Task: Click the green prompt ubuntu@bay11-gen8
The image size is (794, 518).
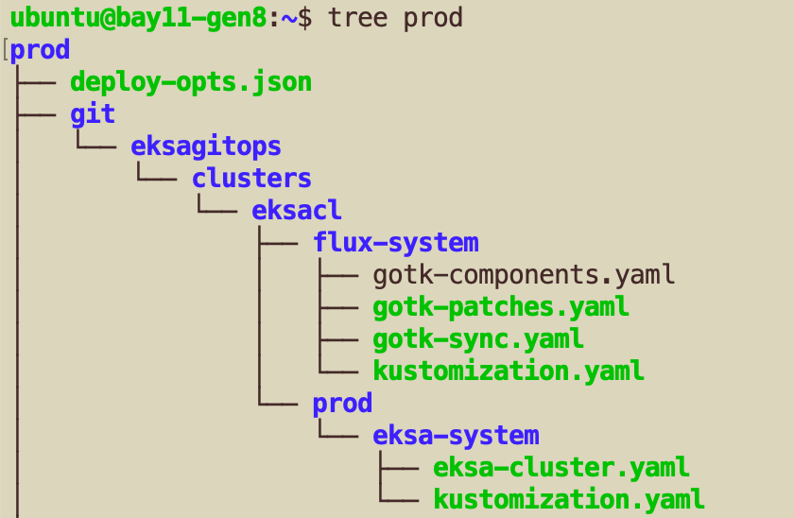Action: point(138,19)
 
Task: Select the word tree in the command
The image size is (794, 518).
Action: point(358,18)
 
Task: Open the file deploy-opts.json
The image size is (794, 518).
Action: point(191,83)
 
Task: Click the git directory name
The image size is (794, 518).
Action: point(93,115)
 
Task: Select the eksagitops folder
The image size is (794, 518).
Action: point(206,147)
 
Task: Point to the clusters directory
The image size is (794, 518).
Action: point(251,179)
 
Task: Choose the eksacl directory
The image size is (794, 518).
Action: point(297,211)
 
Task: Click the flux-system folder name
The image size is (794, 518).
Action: point(396,243)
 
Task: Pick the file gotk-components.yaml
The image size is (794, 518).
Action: point(524,275)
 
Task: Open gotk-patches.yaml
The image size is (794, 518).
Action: point(501,307)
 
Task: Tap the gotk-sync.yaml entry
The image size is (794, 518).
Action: point(478,339)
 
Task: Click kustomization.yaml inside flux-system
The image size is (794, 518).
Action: point(509,371)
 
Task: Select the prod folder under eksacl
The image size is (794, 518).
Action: point(342,404)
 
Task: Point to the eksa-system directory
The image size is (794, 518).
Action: point(457,436)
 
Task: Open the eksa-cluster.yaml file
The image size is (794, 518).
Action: point(561,468)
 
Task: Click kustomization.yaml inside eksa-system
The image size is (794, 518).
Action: point(569,500)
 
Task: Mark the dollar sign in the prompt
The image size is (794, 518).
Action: point(304,19)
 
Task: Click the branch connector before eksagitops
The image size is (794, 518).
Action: point(96,139)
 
